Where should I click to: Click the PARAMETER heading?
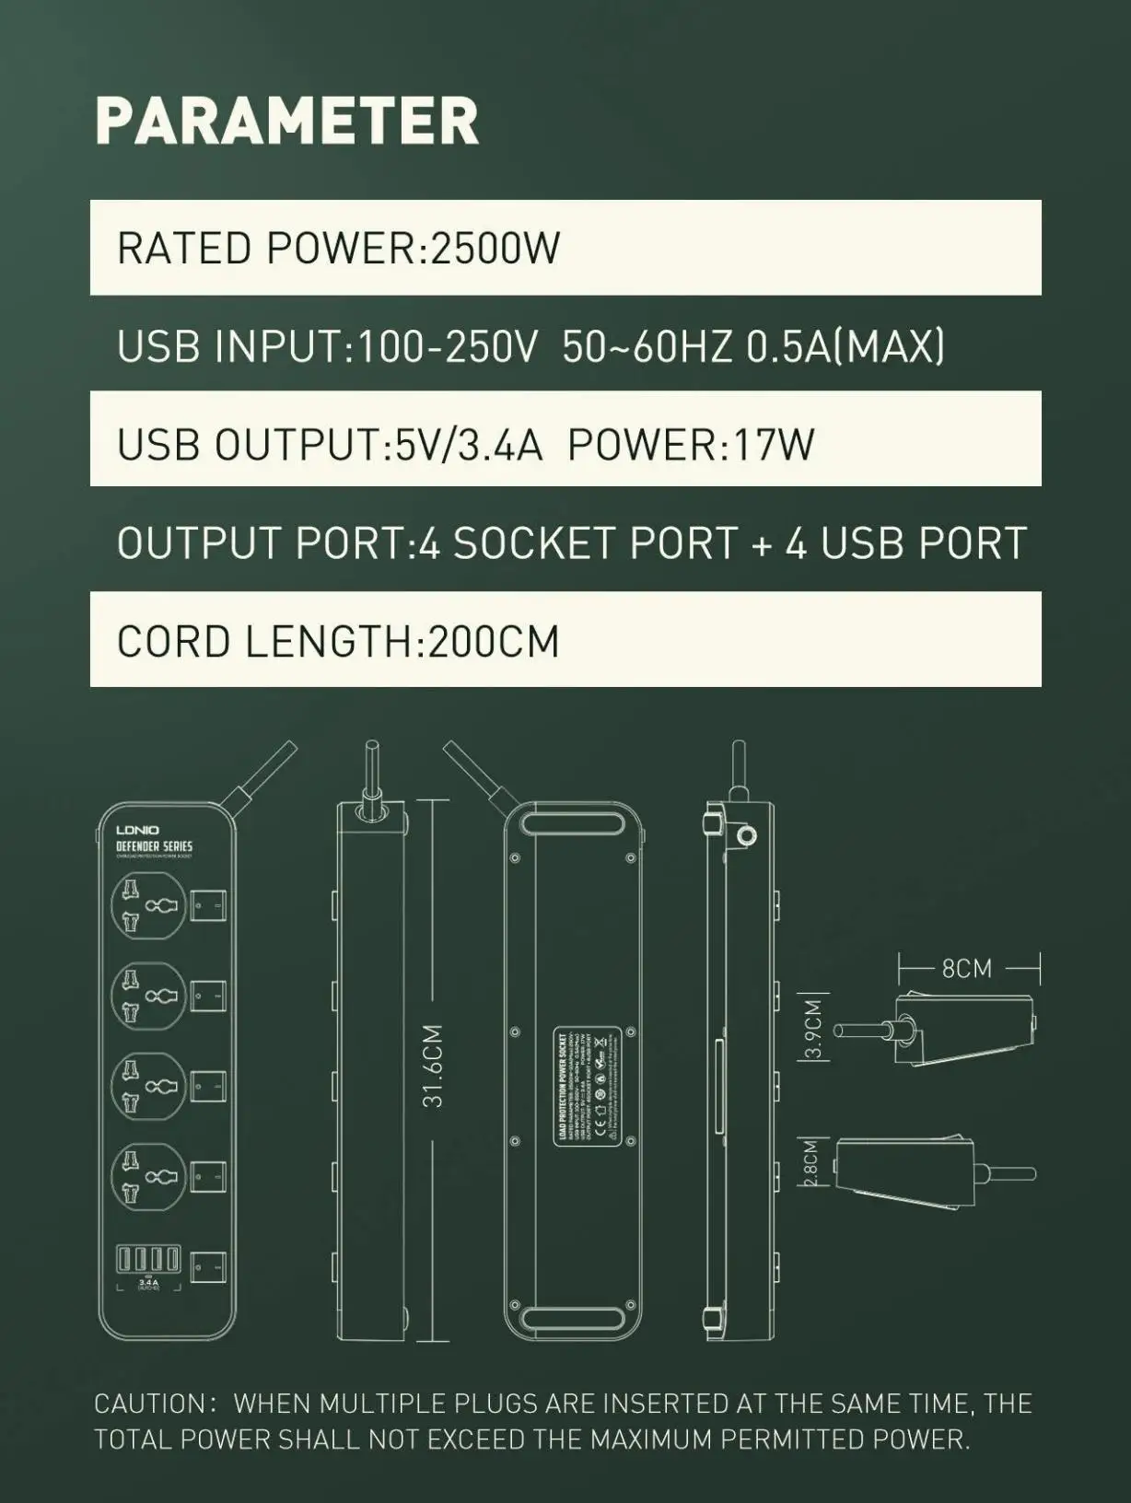[x=286, y=121]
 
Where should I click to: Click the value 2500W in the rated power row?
[x=496, y=249]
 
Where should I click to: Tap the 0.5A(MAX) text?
[x=845, y=346]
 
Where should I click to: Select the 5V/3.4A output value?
[x=469, y=445]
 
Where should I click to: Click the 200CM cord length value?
[x=494, y=641]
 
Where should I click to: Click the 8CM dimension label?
[x=966, y=968]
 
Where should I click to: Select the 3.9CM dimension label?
[x=812, y=1029]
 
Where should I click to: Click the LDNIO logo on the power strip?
[x=137, y=831]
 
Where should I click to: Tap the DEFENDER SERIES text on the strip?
[x=154, y=845]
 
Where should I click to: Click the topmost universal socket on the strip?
[x=147, y=904]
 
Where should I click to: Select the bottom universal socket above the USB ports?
[x=147, y=1176]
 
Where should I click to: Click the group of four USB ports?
[x=147, y=1259]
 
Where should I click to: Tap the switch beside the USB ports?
[x=208, y=1267]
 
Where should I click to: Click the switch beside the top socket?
[x=208, y=907]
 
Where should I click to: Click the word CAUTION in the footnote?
[x=150, y=1404]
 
